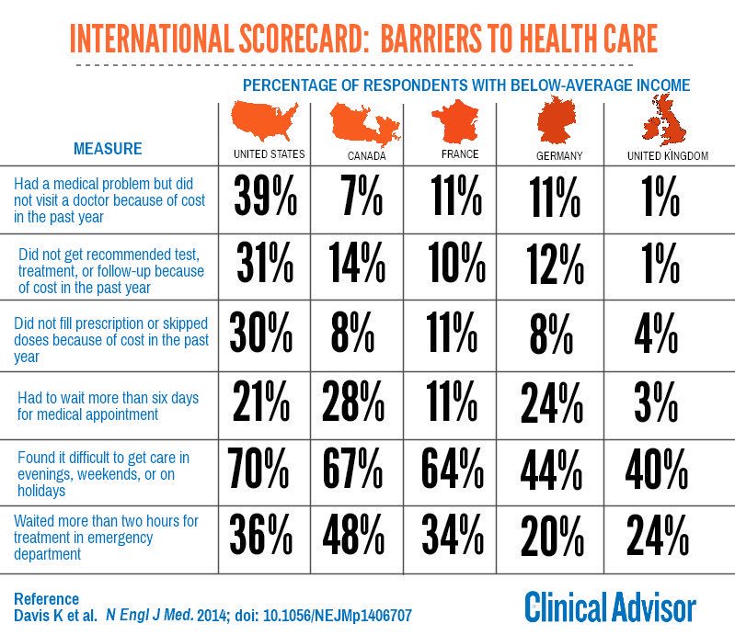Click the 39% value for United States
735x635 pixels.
pyautogui.click(x=264, y=196)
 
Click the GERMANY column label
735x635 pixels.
pyautogui.click(x=558, y=155)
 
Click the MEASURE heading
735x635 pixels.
pyautogui.click(x=108, y=148)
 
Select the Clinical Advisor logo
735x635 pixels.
pyautogui.click(x=610, y=607)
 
